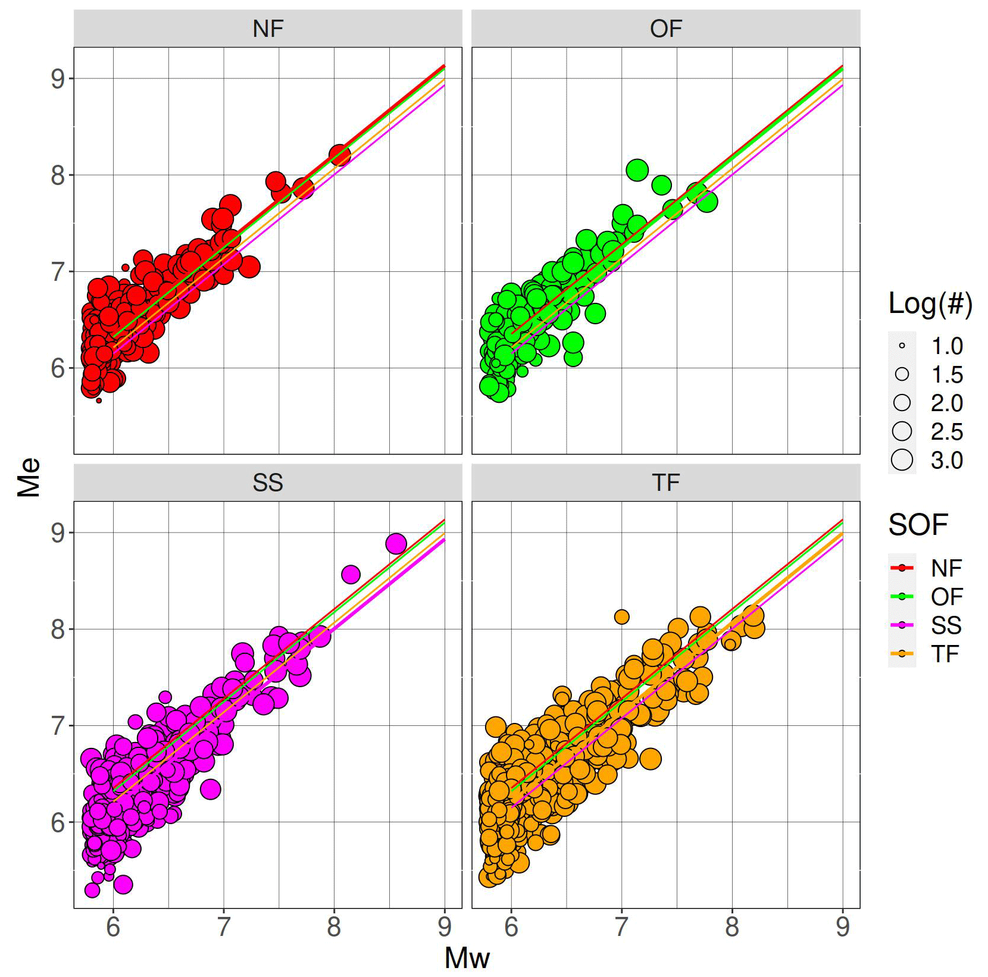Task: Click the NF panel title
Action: point(268,29)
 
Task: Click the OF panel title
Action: point(665,29)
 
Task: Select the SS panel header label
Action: point(268,483)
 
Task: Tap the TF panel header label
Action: point(665,483)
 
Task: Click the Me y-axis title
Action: point(29,477)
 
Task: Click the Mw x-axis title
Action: point(467,958)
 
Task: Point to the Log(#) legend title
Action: point(930,303)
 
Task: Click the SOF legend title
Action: point(918,525)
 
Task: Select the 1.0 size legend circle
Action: point(902,346)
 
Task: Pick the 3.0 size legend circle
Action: point(902,460)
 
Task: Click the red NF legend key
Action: point(902,568)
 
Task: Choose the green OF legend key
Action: point(902,597)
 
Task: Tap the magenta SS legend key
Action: point(902,625)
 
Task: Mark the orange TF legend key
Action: point(902,654)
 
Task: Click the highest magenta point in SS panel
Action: point(396,543)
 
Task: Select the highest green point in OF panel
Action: point(637,170)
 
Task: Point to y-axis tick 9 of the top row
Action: point(58,79)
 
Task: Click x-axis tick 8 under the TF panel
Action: point(732,927)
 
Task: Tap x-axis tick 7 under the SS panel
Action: point(223,927)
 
